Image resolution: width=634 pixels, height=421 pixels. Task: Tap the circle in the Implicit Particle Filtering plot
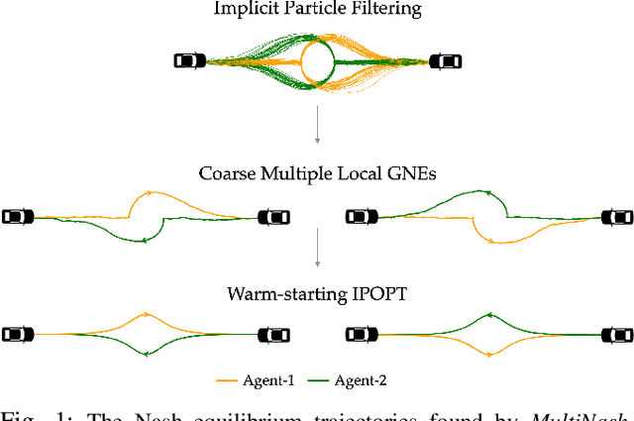click(x=317, y=61)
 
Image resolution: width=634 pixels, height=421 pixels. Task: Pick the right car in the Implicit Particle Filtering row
click(x=446, y=61)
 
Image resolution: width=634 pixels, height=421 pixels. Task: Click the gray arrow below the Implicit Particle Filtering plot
click(x=317, y=127)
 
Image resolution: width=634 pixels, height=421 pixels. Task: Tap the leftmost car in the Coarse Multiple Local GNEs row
click(x=17, y=216)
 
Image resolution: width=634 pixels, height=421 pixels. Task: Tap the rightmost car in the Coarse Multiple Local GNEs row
click(x=616, y=216)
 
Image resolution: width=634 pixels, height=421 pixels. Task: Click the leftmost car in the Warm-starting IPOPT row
click(x=17, y=334)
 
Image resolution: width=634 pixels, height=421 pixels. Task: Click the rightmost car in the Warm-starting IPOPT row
click(x=616, y=334)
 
